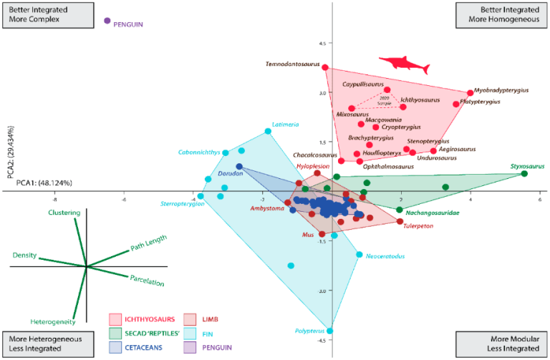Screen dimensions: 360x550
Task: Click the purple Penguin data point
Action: pyautogui.click(x=107, y=21)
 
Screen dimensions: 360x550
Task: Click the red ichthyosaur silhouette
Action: pyautogui.click(x=403, y=65)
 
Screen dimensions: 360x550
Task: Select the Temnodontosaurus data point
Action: pyautogui.click(x=324, y=68)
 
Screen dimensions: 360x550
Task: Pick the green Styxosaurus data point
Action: pyautogui.click(x=525, y=174)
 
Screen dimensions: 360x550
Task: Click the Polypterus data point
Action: pyautogui.click(x=330, y=331)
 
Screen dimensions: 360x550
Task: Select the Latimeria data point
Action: pyautogui.click(x=268, y=131)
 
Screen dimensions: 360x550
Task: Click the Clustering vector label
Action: pyautogui.click(x=64, y=214)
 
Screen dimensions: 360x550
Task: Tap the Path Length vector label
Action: pyautogui.click(x=148, y=243)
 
